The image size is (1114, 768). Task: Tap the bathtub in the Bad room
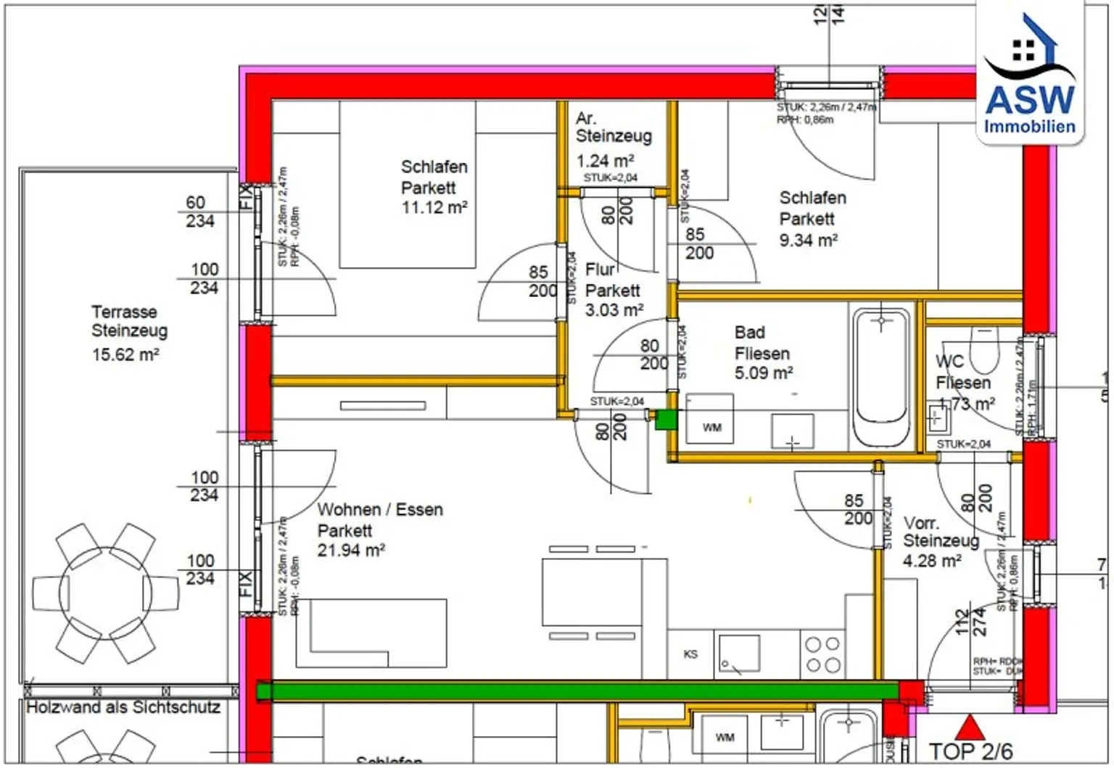coord(880,377)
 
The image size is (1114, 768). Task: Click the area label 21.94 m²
coord(351,551)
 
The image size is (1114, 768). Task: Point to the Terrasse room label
coord(124,312)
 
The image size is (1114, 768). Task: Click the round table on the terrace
coord(106,593)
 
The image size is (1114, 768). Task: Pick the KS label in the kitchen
coord(690,654)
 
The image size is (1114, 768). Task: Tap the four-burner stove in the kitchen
coord(822,654)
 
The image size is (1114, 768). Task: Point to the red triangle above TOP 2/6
coord(968,727)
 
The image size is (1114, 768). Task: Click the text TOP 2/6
coord(970,752)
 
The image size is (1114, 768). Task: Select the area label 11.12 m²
coord(434,208)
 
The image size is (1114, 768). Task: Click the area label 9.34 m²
coord(808,240)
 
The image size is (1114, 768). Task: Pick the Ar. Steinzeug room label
coord(613,127)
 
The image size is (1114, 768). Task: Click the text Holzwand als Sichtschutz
coord(123,707)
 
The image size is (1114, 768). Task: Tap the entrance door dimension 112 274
coord(970,622)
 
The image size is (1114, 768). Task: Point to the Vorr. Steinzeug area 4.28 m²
coord(932,561)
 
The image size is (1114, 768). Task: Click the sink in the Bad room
coord(792,432)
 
